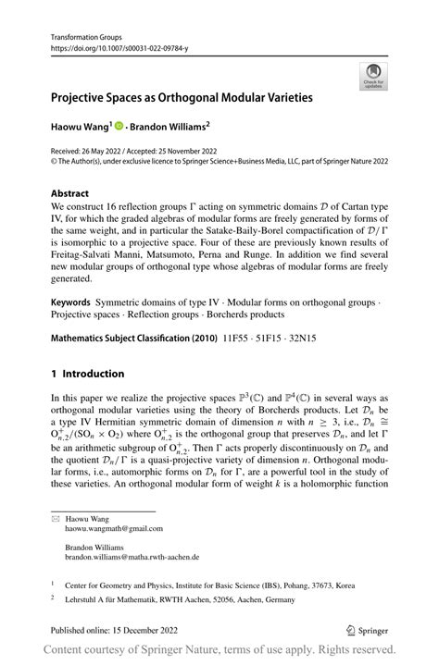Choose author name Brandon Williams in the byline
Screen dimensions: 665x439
coord(171,124)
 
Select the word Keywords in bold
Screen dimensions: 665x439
coord(70,302)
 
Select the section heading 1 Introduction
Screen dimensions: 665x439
coord(89,374)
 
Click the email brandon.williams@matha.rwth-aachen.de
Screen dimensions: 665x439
coord(132,558)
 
